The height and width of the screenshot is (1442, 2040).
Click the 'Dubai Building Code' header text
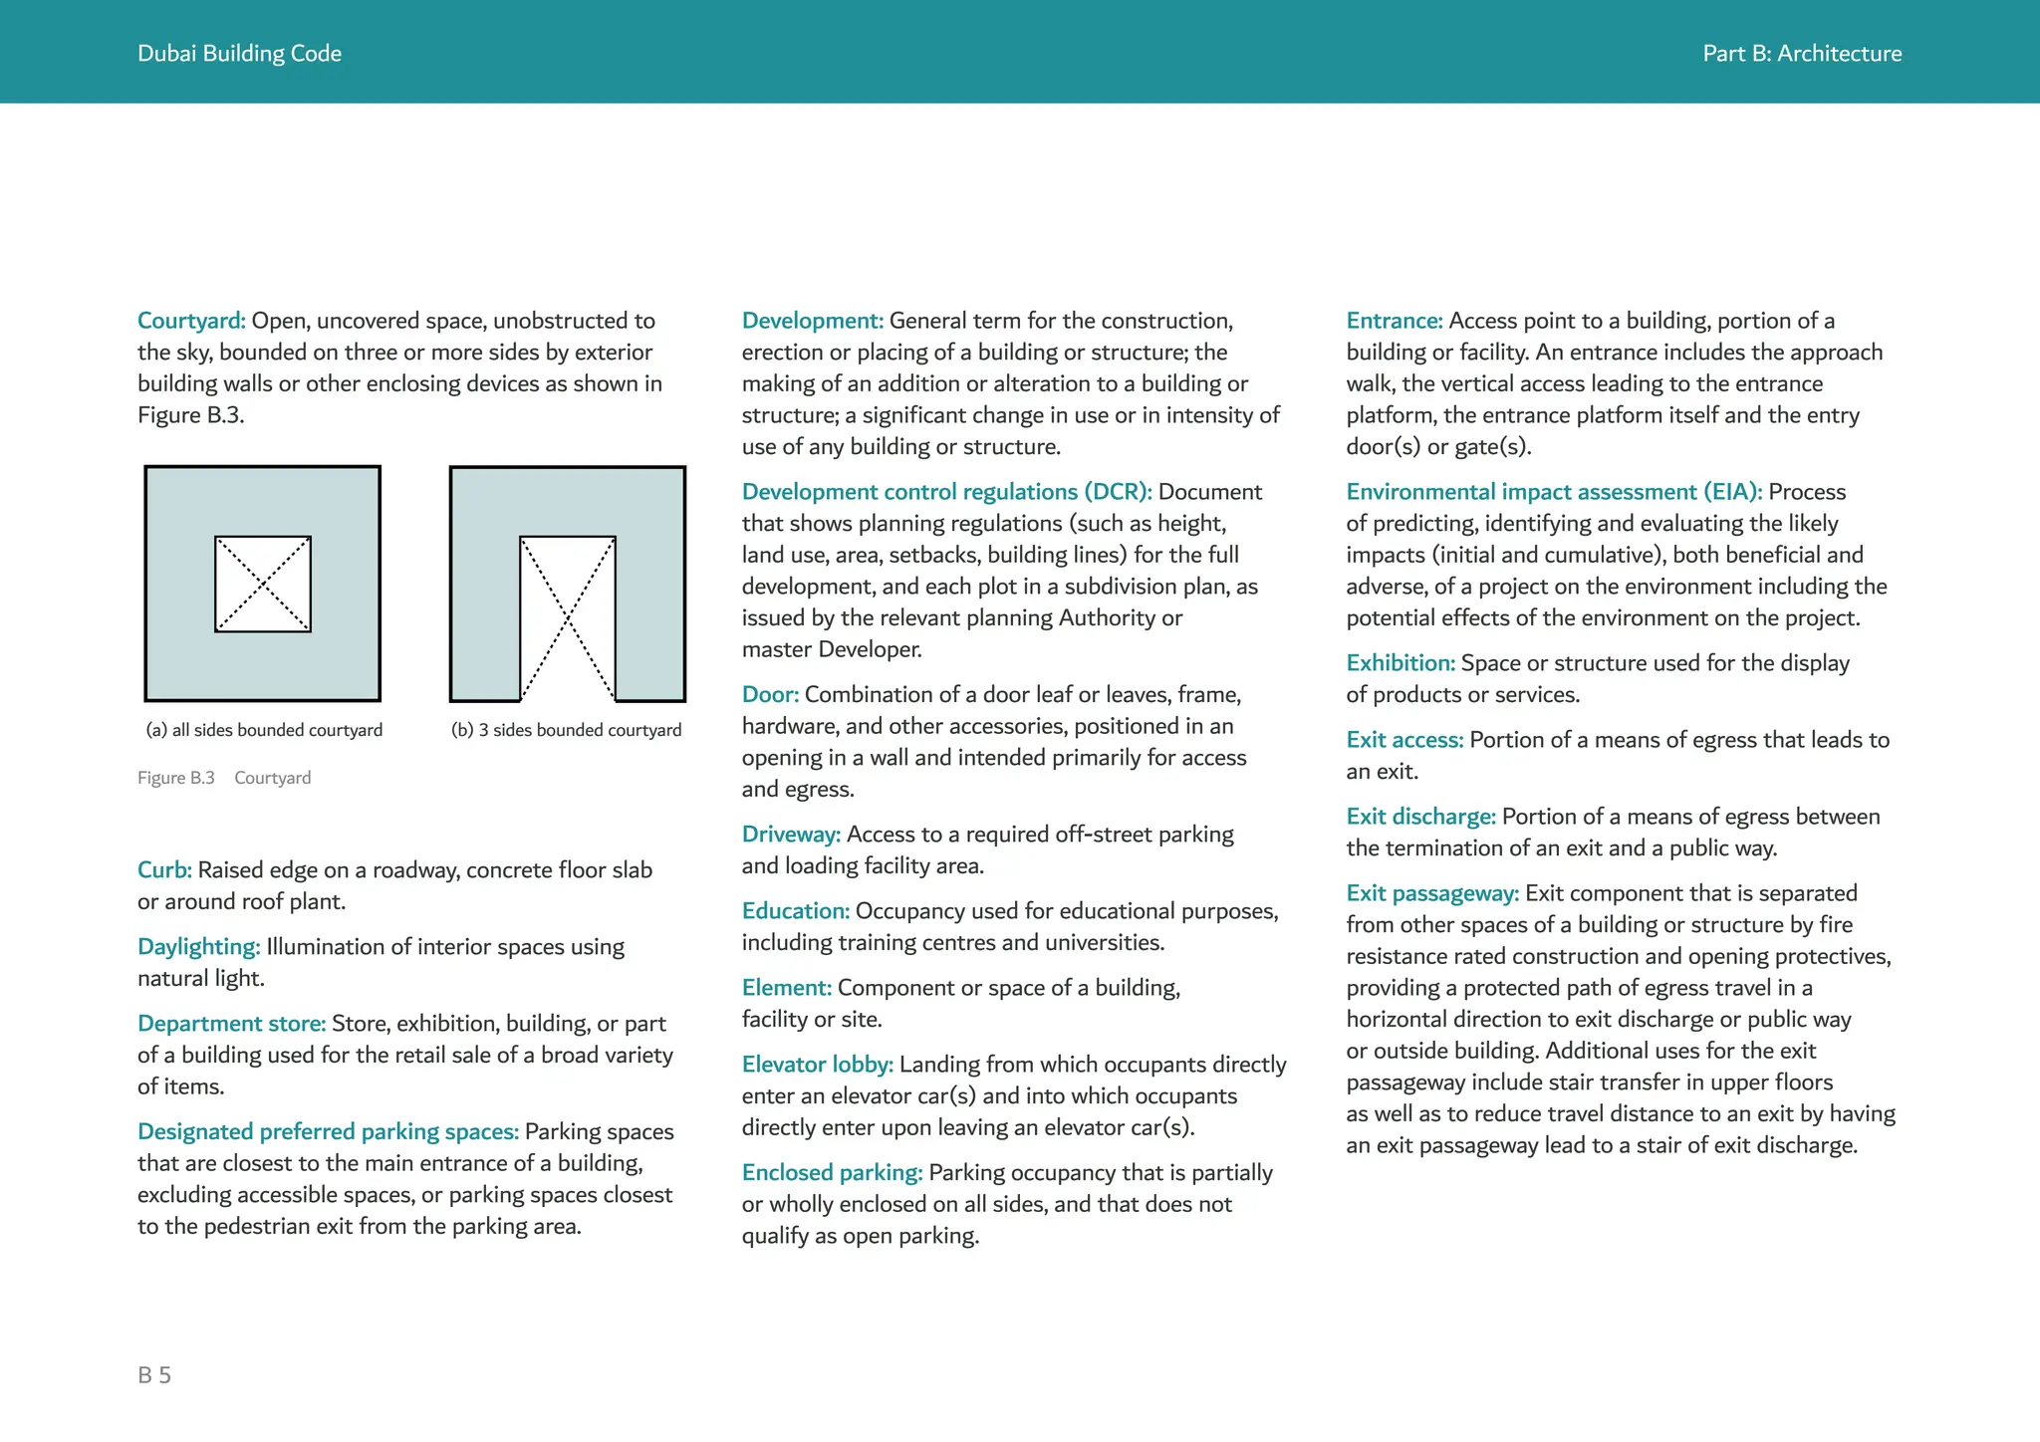(239, 54)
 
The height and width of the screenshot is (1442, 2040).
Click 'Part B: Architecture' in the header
(1801, 54)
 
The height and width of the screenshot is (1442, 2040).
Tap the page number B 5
(154, 1375)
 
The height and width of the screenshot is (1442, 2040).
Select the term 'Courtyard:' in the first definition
(191, 321)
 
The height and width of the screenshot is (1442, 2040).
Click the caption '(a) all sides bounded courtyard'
(264, 730)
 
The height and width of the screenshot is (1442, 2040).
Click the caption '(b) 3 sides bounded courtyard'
(566, 730)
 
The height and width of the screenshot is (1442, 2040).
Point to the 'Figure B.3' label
(176, 778)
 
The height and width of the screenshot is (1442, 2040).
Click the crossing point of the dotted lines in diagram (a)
(263, 585)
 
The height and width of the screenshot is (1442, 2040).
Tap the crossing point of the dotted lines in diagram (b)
(568, 618)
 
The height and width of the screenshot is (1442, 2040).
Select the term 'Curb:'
(164, 870)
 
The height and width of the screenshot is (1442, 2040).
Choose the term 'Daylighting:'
(198, 947)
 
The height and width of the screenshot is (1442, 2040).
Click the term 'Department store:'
(231, 1024)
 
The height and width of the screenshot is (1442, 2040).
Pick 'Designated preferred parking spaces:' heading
(328, 1132)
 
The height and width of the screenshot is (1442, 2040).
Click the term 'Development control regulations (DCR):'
(946, 492)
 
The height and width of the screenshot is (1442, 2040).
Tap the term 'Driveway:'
(791, 835)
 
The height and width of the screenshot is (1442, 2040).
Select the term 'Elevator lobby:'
(817, 1065)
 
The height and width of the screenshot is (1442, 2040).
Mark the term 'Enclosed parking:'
(832, 1173)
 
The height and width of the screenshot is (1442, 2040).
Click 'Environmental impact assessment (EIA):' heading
(1554, 492)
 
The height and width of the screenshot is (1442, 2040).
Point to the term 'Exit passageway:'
(1432, 893)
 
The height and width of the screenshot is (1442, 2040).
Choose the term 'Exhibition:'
(1401, 663)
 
